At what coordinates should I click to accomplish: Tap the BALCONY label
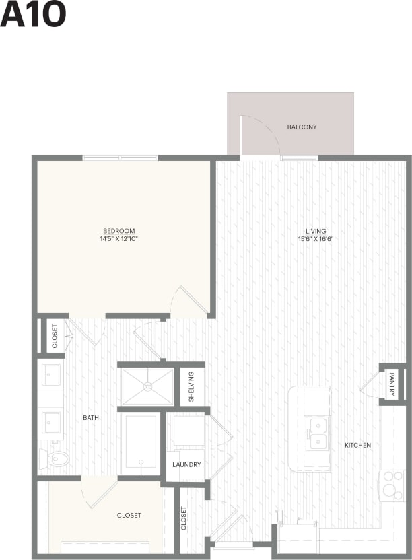click(302, 127)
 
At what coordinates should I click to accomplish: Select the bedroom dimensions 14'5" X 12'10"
click(119, 238)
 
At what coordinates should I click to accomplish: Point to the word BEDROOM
click(119, 231)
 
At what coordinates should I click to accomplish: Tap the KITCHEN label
click(357, 445)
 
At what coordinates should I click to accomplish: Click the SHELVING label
click(191, 386)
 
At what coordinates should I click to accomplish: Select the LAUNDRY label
click(186, 464)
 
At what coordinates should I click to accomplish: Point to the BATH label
click(91, 418)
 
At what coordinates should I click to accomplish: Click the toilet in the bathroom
click(57, 459)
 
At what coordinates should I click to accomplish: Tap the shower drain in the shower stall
click(147, 386)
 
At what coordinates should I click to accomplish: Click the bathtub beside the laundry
click(141, 444)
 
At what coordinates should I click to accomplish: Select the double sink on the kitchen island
click(316, 434)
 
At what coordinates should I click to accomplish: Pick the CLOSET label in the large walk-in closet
click(129, 515)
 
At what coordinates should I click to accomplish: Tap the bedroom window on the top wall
click(121, 158)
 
